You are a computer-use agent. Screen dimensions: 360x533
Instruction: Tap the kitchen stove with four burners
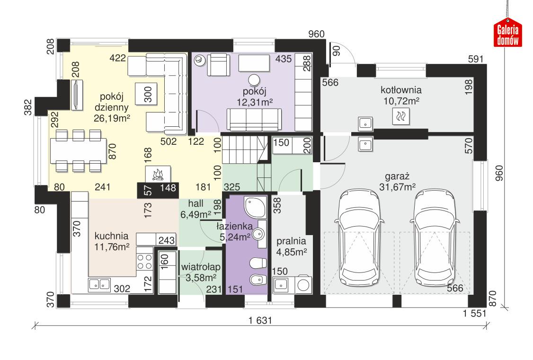point(145,261)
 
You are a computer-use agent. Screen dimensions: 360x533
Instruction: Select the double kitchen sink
point(98,284)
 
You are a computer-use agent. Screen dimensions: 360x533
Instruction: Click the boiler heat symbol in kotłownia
point(401,115)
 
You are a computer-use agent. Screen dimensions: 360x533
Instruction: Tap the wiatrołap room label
point(199,272)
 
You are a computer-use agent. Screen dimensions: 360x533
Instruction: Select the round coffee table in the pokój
point(255,79)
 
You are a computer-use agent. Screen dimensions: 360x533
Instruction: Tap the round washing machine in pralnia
point(303,285)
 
